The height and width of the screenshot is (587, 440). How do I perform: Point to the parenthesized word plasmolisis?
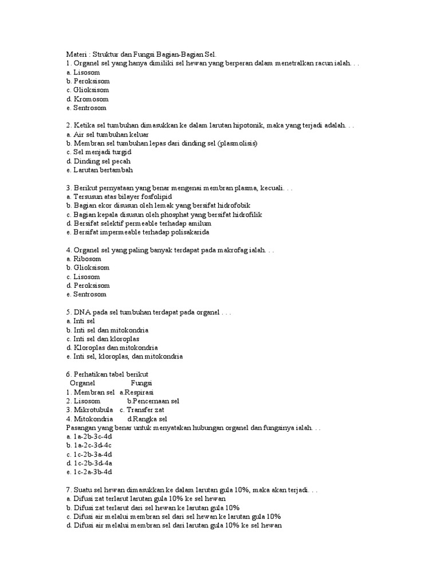pos(237,143)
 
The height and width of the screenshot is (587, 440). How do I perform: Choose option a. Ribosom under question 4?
pos(84,259)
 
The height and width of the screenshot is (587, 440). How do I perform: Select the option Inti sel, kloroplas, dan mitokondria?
pos(124,357)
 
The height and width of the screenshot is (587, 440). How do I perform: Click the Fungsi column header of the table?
pos(140,383)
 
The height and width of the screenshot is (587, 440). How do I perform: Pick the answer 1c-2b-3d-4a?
pos(89,463)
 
